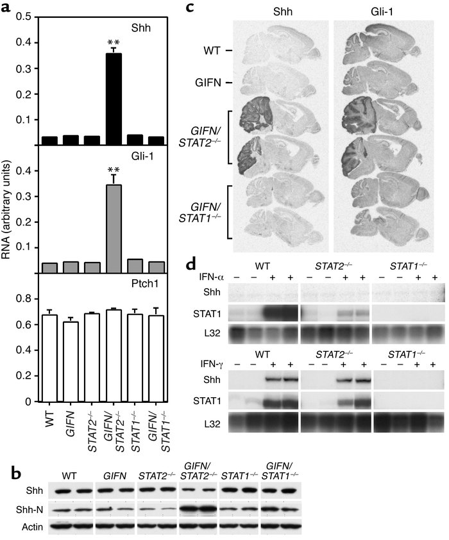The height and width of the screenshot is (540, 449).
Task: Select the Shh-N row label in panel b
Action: (20, 510)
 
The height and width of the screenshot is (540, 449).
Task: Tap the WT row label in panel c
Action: (204, 49)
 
